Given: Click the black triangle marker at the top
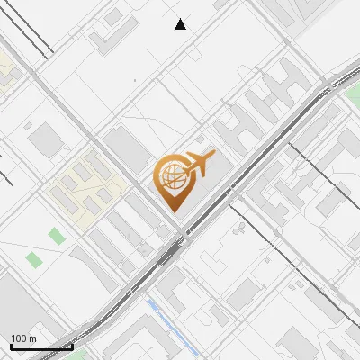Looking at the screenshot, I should pyautogui.click(x=181, y=24).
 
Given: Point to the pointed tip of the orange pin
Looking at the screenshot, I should pyautogui.click(x=172, y=211).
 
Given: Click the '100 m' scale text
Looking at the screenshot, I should pyautogui.click(x=23, y=338).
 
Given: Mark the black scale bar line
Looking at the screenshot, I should pyautogui.click(x=41, y=346).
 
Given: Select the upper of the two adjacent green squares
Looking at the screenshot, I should pyautogui.click(x=57, y=237).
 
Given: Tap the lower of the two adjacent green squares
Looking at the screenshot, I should pyautogui.click(x=35, y=260).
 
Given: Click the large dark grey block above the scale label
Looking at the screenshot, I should pyautogui.click(x=18, y=306).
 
